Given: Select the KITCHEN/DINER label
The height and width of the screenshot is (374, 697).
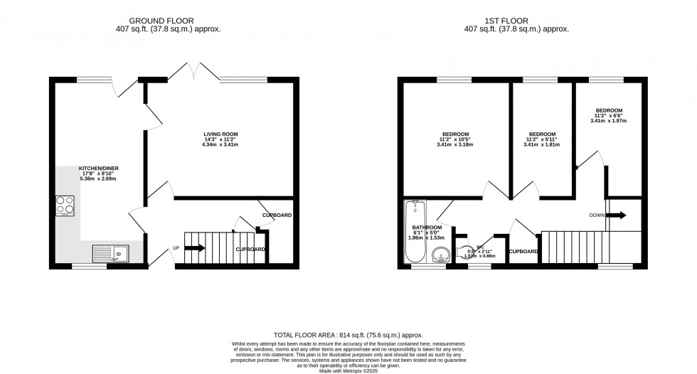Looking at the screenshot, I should coord(89,168).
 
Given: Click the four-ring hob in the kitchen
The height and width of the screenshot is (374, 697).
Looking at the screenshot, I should coord(66,206).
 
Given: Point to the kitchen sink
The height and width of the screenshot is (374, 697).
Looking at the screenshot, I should coord(110,252).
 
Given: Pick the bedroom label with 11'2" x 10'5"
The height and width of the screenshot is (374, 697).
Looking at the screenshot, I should coord(455,134).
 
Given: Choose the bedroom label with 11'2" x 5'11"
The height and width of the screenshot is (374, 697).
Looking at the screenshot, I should coord(542,134).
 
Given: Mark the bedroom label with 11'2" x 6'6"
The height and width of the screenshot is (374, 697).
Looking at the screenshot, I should coord(609,110).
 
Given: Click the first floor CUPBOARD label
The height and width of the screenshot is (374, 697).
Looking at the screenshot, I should coord(523,252).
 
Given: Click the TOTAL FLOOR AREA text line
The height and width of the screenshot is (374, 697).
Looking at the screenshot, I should coord(348,334).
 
